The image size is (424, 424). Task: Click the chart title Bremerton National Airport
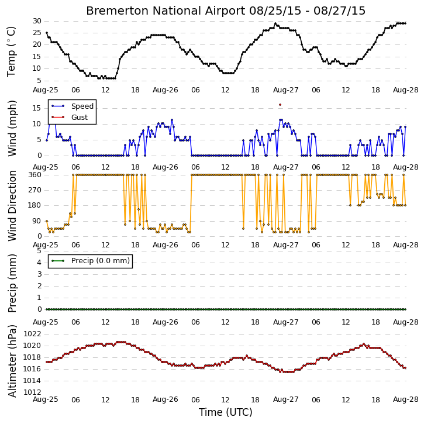pos(166,11)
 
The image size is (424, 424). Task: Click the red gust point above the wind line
pos(280,105)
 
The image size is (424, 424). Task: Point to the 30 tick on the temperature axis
pos(37,21)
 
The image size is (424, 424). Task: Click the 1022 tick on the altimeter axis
pos(32,334)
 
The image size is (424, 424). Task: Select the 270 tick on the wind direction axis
pos(35,190)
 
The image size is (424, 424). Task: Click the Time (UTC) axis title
pos(226,412)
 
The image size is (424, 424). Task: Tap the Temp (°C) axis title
pos(11,51)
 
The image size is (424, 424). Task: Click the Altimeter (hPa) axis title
pos(12,361)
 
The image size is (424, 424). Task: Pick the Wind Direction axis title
pos(12,206)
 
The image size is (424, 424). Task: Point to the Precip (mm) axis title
pos(12,283)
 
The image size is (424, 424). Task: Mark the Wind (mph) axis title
pos(12,129)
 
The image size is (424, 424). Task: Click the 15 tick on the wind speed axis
pos(37,108)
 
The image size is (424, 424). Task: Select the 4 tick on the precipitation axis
pos(39,263)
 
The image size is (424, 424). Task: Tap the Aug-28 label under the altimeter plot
pos(406,399)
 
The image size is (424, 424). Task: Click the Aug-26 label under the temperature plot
pos(166,90)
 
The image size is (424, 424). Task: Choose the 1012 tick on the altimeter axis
pos(32,392)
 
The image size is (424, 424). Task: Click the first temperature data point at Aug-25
pos(47,33)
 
